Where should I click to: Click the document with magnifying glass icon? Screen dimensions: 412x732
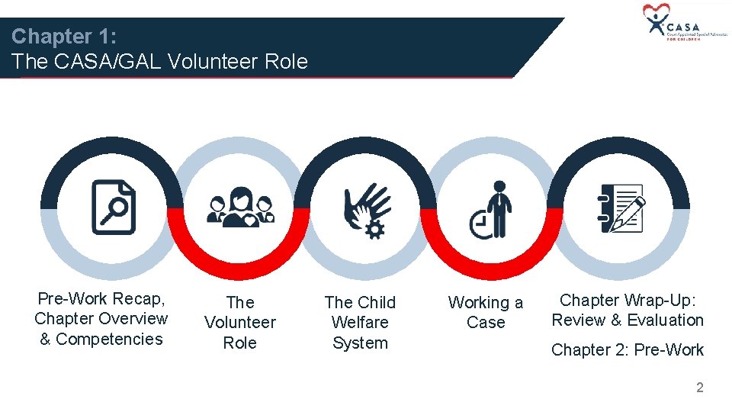point(113,207)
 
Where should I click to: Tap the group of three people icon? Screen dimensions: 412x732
point(239,207)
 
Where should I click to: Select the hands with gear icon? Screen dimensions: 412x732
point(366,208)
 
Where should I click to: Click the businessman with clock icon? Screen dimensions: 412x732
point(493,210)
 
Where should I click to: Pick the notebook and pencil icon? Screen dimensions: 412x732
point(620,208)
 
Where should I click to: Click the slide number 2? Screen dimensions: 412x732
point(699,388)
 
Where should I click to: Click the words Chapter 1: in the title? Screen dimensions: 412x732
point(63,36)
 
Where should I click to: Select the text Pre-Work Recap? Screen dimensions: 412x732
point(101,298)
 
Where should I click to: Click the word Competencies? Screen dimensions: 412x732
point(110,339)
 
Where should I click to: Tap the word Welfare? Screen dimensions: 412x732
point(360,323)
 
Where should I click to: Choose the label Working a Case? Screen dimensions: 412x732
point(486,312)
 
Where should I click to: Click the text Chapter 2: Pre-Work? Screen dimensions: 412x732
point(627,349)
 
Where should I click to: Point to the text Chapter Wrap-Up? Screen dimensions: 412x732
point(628,300)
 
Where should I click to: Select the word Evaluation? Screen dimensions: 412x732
point(665,320)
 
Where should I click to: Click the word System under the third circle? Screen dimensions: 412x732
point(360,343)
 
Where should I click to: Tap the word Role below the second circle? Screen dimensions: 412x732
point(239,343)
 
